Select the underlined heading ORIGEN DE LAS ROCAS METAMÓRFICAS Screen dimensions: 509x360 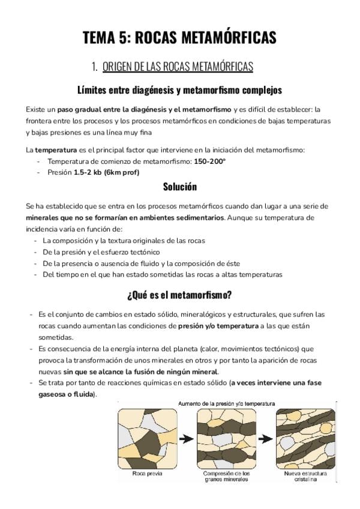[x=178, y=66]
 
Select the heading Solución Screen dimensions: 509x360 [x=179, y=187]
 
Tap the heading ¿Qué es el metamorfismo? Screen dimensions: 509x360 [x=179, y=295]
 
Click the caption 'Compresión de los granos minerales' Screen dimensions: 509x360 [x=227, y=477]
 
